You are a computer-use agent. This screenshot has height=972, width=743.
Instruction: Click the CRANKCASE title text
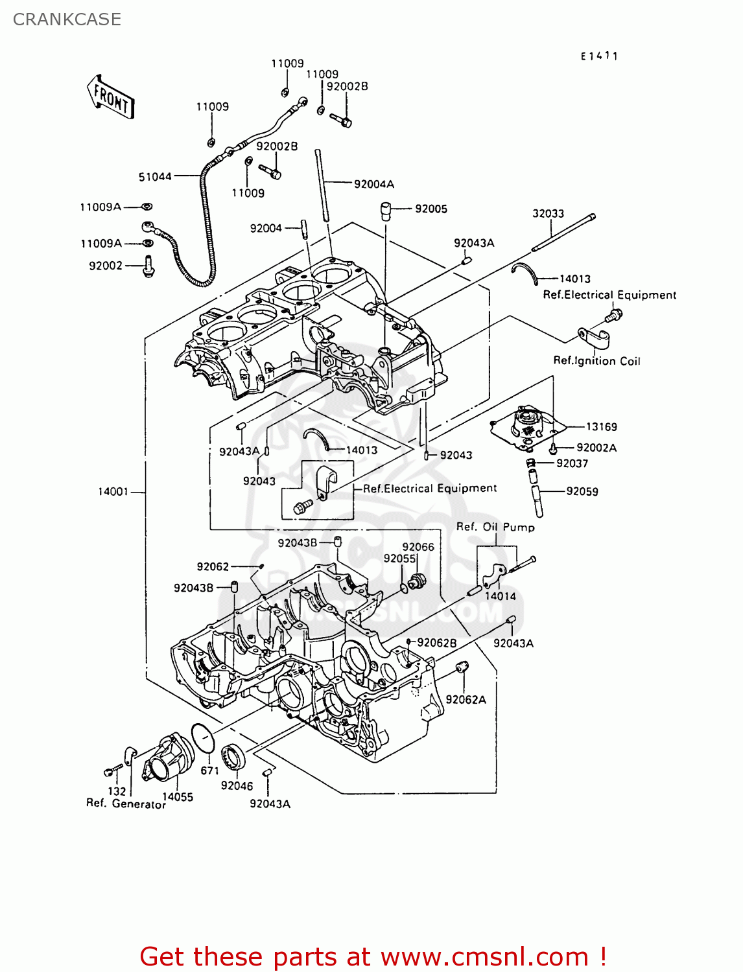click(67, 19)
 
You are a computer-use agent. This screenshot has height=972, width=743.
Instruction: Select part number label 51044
click(155, 177)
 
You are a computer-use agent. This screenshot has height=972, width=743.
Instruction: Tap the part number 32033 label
click(548, 213)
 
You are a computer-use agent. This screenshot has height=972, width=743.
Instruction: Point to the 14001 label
click(113, 492)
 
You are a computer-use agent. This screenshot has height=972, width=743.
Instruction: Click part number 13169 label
click(601, 426)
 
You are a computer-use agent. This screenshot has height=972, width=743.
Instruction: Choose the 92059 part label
click(582, 491)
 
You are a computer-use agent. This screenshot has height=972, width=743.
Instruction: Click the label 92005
click(431, 209)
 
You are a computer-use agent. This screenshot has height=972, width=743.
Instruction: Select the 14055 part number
click(178, 797)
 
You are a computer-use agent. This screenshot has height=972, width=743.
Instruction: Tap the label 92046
click(237, 785)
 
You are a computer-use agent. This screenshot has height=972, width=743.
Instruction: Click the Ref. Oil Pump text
click(495, 527)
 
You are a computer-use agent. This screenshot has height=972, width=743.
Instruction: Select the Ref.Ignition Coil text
click(596, 361)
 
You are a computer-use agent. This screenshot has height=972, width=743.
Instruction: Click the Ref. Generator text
click(126, 804)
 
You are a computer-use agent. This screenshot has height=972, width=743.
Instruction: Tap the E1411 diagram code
click(599, 56)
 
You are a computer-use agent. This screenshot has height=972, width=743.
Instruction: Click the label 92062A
click(466, 699)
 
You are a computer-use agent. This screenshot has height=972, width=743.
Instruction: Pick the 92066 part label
click(418, 547)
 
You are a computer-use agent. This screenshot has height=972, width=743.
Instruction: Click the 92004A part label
click(374, 184)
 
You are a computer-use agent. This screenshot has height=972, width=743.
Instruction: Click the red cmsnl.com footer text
click(373, 956)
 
